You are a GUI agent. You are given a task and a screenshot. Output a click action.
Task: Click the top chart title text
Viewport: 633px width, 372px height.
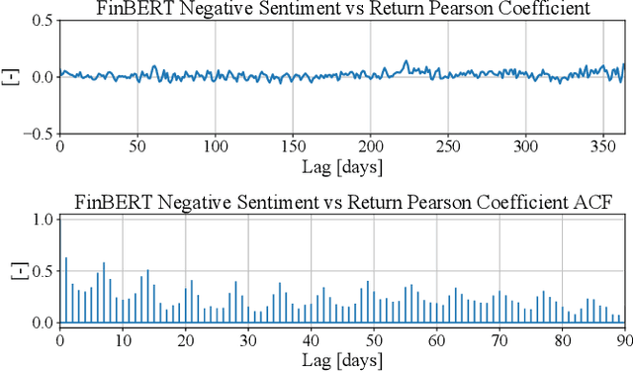pyautogui.click(x=342, y=10)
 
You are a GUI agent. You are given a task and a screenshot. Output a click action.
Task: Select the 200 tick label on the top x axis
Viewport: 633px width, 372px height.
pyautogui.click(x=370, y=145)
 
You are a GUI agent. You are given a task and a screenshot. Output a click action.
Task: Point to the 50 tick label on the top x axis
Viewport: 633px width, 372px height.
pyautogui.click(x=137, y=145)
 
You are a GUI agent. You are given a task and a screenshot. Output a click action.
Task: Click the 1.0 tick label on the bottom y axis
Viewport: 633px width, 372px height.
pyautogui.click(x=41, y=220)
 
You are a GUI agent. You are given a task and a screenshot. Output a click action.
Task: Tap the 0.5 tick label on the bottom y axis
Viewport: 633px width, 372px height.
pyautogui.click(x=41, y=271)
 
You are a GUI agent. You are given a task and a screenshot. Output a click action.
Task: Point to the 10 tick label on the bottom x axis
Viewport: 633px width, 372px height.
pyautogui.click(x=123, y=339)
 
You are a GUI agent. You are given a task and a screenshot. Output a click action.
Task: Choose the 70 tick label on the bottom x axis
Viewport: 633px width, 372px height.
pyautogui.click(x=499, y=339)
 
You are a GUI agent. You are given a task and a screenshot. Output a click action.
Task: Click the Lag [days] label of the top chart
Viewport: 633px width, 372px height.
pyautogui.click(x=342, y=165)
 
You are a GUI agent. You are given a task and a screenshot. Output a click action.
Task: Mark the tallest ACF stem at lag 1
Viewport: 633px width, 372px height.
pyautogui.click(x=66, y=259)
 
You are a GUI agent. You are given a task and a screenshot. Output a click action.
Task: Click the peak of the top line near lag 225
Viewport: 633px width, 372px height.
pyautogui.click(x=406, y=62)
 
